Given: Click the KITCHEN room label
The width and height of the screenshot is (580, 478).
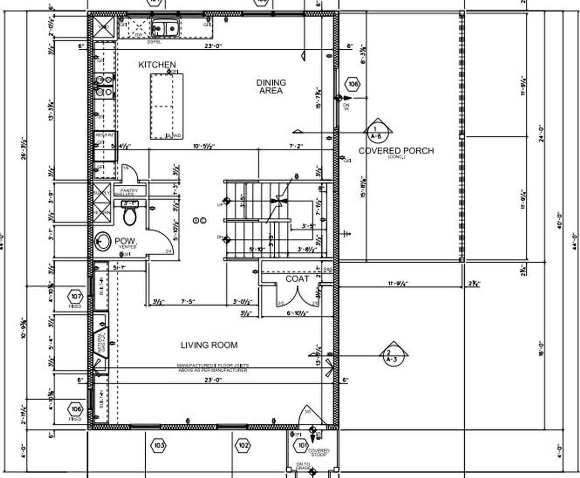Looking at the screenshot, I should tap(157, 65).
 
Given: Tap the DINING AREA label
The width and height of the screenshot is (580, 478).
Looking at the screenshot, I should tap(271, 86).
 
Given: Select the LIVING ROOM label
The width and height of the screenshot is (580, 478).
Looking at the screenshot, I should tap(209, 345).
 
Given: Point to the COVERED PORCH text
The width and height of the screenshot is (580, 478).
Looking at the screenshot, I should tap(396, 151).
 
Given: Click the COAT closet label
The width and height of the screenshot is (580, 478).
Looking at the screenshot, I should tap(297, 279).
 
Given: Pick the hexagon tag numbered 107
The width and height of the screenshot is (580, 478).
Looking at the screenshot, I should tap(76, 297).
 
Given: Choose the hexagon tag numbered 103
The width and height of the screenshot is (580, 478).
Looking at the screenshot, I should tap(159, 445).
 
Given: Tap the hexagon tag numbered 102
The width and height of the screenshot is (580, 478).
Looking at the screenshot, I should tap(243, 445).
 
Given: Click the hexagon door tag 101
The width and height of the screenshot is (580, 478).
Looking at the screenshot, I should tap(302, 446).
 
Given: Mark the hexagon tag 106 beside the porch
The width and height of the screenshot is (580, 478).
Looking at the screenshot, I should tap(353, 84).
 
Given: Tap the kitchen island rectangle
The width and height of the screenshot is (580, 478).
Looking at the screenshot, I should tap(166, 106).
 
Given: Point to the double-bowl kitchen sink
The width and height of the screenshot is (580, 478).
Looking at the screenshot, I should tap(165, 28).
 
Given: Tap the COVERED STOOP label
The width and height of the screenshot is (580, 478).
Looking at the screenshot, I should tap(319, 453).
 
